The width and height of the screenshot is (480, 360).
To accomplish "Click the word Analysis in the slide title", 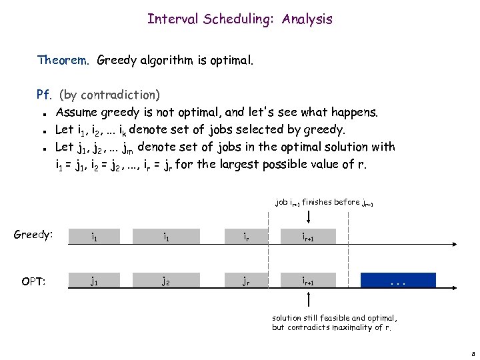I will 307,19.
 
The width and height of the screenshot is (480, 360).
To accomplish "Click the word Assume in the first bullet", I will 77,112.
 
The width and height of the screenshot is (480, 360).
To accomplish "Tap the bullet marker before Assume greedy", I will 43,113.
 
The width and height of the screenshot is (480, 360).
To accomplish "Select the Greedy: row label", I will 33,235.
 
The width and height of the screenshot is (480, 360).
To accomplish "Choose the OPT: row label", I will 33,281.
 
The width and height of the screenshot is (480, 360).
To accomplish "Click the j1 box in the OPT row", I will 97,281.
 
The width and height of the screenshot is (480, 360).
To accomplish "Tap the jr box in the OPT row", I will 247,281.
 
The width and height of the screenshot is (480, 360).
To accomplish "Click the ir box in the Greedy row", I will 247,235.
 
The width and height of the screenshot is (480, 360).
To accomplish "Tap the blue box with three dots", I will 398,281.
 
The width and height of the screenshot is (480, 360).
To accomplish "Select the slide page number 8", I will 472,353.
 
